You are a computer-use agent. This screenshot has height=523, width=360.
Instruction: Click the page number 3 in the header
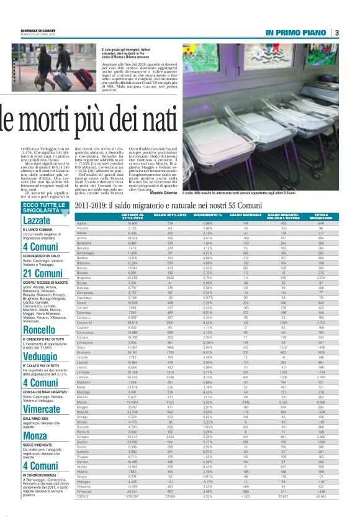(336, 32)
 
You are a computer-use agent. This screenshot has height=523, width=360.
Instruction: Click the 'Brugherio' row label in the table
(84, 261)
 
